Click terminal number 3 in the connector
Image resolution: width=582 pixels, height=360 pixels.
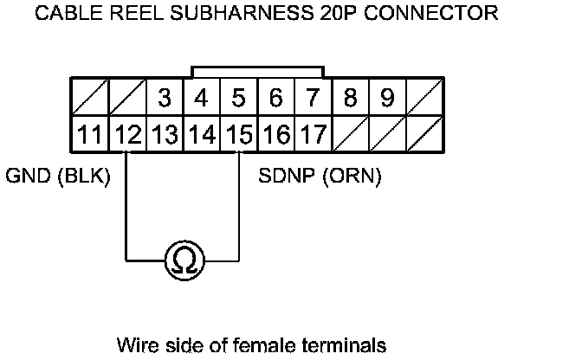pyautogui.click(x=164, y=99)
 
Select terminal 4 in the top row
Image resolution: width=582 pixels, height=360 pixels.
pyautogui.click(x=201, y=99)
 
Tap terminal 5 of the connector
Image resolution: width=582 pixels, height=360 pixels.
pyautogui.click(x=238, y=99)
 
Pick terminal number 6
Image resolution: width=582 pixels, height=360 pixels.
pyautogui.click(x=275, y=99)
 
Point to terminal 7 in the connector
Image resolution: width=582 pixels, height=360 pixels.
pyautogui.click(x=313, y=99)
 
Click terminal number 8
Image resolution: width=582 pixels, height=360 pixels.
pyautogui.click(x=350, y=99)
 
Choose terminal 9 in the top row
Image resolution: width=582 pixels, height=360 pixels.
pyautogui.click(x=387, y=99)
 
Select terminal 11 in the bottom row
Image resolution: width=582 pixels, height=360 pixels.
pyautogui.click(x=89, y=135)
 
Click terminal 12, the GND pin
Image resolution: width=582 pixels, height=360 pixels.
pyautogui.click(x=126, y=135)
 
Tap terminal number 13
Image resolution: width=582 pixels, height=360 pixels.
pyautogui.click(x=164, y=135)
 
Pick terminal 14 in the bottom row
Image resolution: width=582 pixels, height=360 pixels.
pyautogui.click(x=201, y=135)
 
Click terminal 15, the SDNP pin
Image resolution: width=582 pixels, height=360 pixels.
pyautogui.click(x=238, y=135)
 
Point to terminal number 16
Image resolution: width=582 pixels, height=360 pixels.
pyautogui.click(x=275, y=135)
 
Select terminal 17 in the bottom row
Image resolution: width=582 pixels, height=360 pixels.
pyautogui.click(x=313, y=135)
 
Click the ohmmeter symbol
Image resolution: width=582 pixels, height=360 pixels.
pyautogui.click(x=183, y=260)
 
